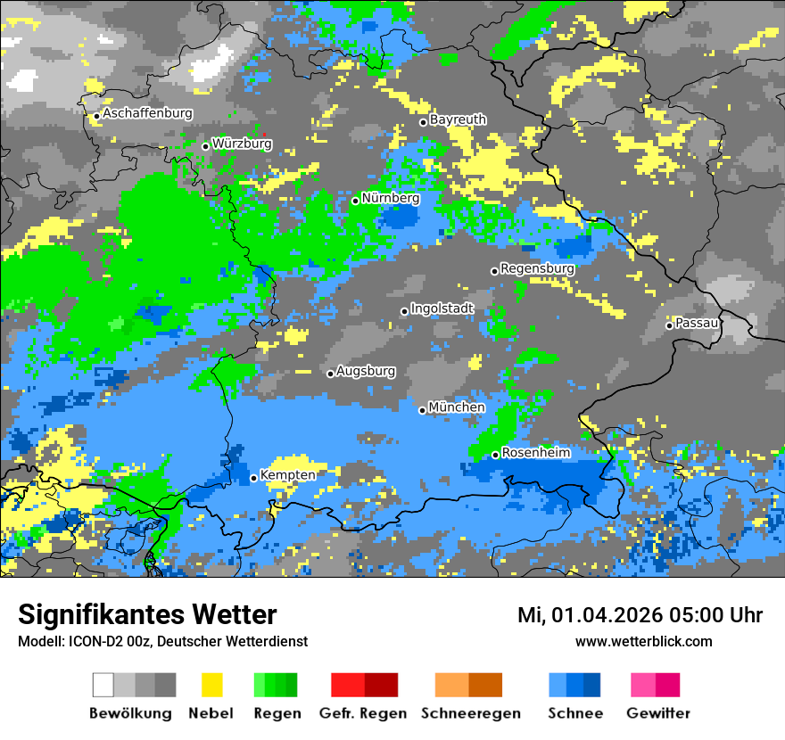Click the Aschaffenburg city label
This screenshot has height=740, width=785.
click(x=147, y=114)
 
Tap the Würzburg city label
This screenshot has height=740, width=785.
click(x=242, y=144)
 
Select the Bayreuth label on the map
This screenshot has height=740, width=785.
click(x=458, y=119)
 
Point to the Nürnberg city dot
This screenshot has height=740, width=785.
click(x=355, y=201)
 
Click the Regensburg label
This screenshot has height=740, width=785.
click(x=537, y=268)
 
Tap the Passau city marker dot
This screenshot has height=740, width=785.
click(x=669, y=325)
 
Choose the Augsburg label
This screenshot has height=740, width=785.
click(x=365, y=371)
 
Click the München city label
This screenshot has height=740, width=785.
click(x=457, y=407)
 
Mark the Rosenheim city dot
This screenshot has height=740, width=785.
click(x=495, y=455)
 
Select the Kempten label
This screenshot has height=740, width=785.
click(x=287, y=475)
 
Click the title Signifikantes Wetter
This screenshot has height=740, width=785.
click(x=147, y=614)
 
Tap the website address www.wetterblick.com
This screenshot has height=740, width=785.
click(x=643, y=641)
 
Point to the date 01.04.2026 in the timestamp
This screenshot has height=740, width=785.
click(x=601, y=615)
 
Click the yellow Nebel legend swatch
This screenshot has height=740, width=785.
click(x=211, y=685)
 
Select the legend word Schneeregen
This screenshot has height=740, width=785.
click(x=470, y=713)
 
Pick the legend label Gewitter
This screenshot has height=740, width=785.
click(x=657, y=713)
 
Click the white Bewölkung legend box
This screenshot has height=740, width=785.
click(x=103, y=685)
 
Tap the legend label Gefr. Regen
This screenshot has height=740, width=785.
click(x=362, y=713)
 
